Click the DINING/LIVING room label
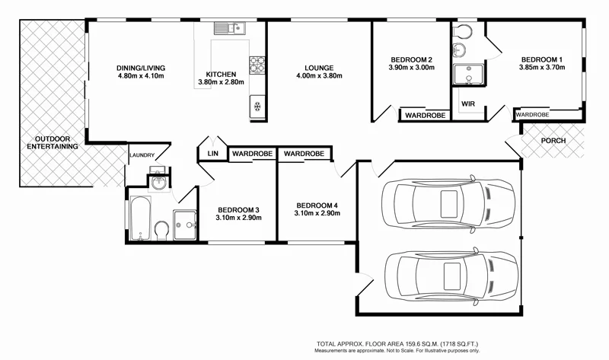(142, 67)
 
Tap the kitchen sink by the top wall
(228, 29)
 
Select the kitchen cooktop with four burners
(257, 64)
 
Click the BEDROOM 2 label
(411, 59)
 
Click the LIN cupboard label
(211, 154)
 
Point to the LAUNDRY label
(142, 155)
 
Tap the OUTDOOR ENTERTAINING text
(53, 142)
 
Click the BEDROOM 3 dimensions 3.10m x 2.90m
(239, 218)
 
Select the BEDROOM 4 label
(317, 205)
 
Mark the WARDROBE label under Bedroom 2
(425, 116)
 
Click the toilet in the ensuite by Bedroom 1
(459, 49)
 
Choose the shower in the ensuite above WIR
(464, 75)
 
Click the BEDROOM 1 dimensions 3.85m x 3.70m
(542, 68)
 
